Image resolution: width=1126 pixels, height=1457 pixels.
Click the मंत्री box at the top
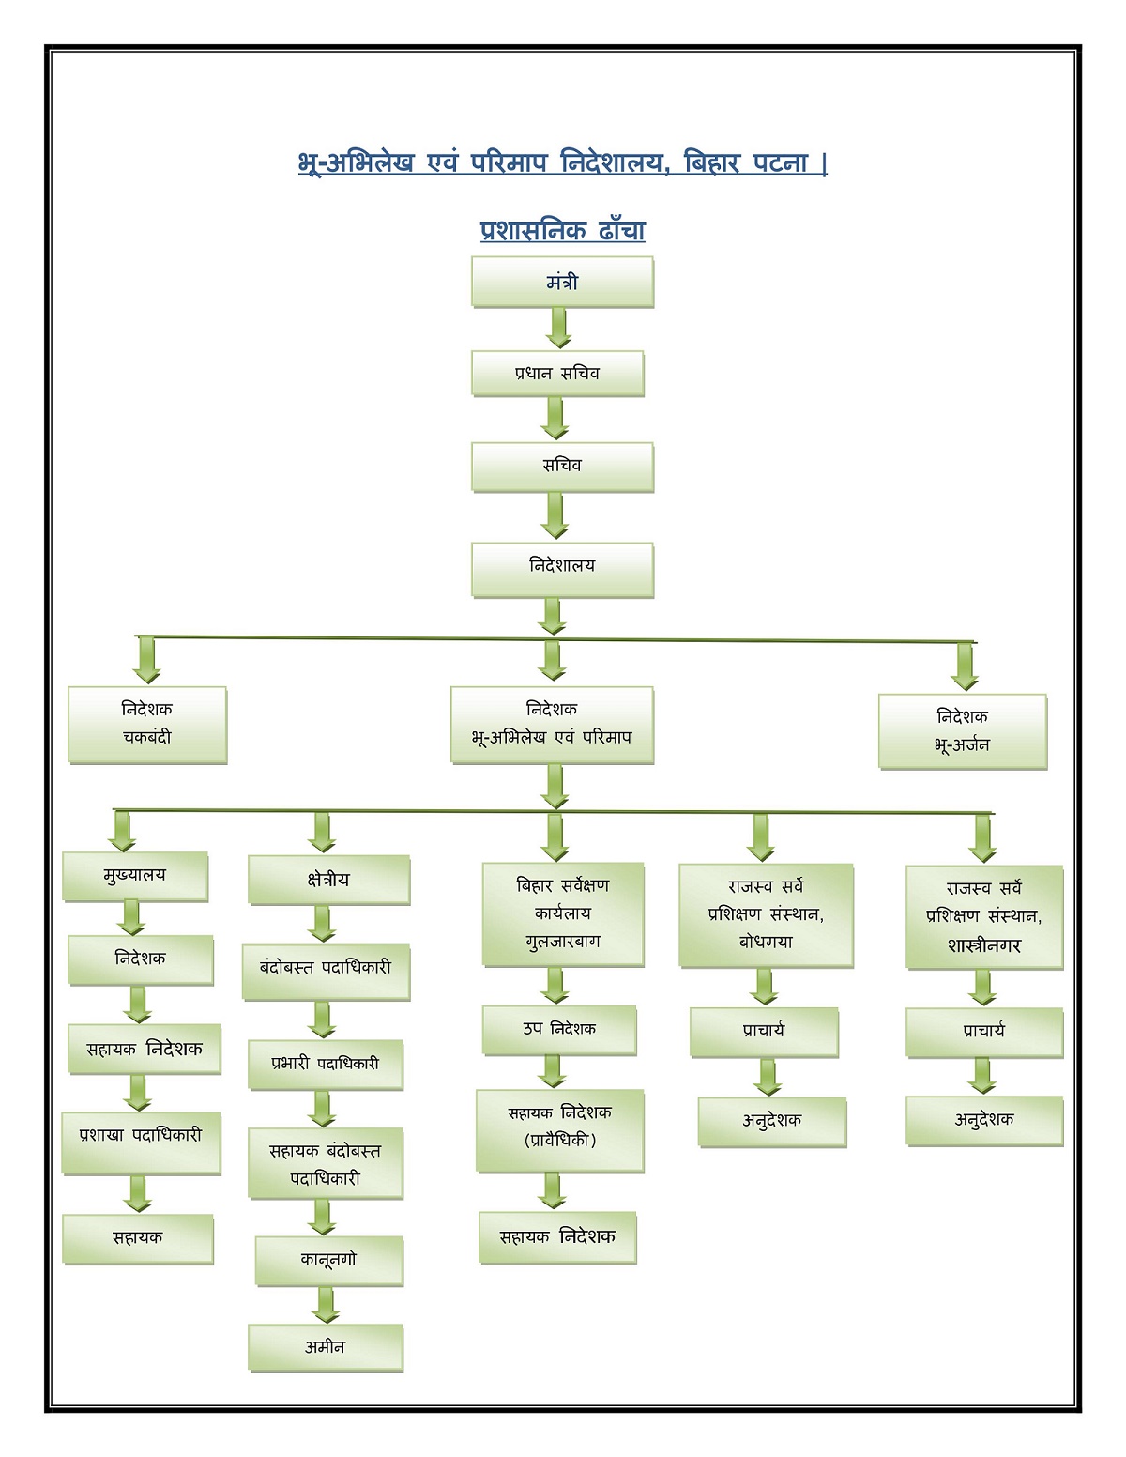tap(562, 283)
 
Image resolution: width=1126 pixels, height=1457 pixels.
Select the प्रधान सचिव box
tap(557, 374)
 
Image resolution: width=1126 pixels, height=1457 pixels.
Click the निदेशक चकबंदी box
tap(147, 724)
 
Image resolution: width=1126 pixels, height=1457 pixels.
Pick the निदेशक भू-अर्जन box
tap(963, 731)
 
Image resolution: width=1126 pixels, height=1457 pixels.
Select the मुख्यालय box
tap(135, 876)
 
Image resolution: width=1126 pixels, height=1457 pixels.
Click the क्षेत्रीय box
tap(328, 880)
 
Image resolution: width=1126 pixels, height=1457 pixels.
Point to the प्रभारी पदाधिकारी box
tap(326, 1065)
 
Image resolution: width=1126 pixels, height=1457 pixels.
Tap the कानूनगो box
tap(329, 1261)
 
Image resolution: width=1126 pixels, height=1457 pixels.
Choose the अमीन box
tap(326, 1348)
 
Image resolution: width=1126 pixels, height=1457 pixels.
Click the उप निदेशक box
tap(559, 1030)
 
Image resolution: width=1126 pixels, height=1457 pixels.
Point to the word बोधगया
tap(766, 942)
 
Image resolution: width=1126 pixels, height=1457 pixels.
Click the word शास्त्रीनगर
tap(984, 945)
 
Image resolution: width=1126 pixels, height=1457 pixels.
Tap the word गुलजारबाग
tap(563, 941)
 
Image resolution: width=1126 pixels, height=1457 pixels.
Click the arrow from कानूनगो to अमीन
tap(327, 1305)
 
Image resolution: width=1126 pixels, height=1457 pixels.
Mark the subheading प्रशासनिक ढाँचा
tap(562, 230)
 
